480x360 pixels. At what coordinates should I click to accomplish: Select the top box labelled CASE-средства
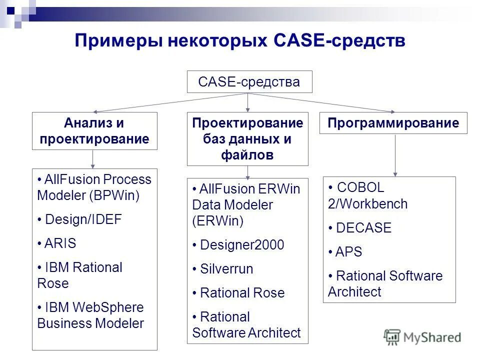click(x=249, y=82)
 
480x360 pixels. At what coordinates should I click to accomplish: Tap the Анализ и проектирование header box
click(x=94, y=131)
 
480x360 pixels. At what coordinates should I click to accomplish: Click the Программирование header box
click(x=393, y=123)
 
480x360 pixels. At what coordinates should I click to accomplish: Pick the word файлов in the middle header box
click(x=247, y=155)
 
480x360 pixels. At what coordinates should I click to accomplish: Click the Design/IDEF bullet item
click(x=82, y=219)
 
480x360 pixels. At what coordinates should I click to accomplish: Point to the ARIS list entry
click(x=60, y=243)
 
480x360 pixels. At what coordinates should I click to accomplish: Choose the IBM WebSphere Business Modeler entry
click(x=90, y=315)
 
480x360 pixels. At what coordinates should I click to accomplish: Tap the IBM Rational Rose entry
click(x=80, y=275)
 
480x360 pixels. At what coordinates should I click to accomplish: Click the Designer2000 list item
click(x=241, y=245)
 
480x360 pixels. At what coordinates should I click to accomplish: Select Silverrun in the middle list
click(x=226, y=269)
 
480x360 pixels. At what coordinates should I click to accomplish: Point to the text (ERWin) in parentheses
click(x=217, y=221)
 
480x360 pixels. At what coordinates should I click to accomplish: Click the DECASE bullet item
click(x=363, y=228)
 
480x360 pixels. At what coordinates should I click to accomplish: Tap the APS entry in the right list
click(x=348, y=252)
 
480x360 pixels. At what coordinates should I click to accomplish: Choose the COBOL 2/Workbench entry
click(x=367, y=195)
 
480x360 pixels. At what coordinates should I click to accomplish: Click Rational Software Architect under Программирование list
click(x=385, y=283)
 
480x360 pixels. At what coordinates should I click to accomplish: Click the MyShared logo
click(x=423, y=337)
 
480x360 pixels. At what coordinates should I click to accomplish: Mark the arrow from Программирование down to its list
click(x=395, y=155)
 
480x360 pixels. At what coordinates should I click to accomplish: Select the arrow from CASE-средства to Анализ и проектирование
click(x=170, y=102)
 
